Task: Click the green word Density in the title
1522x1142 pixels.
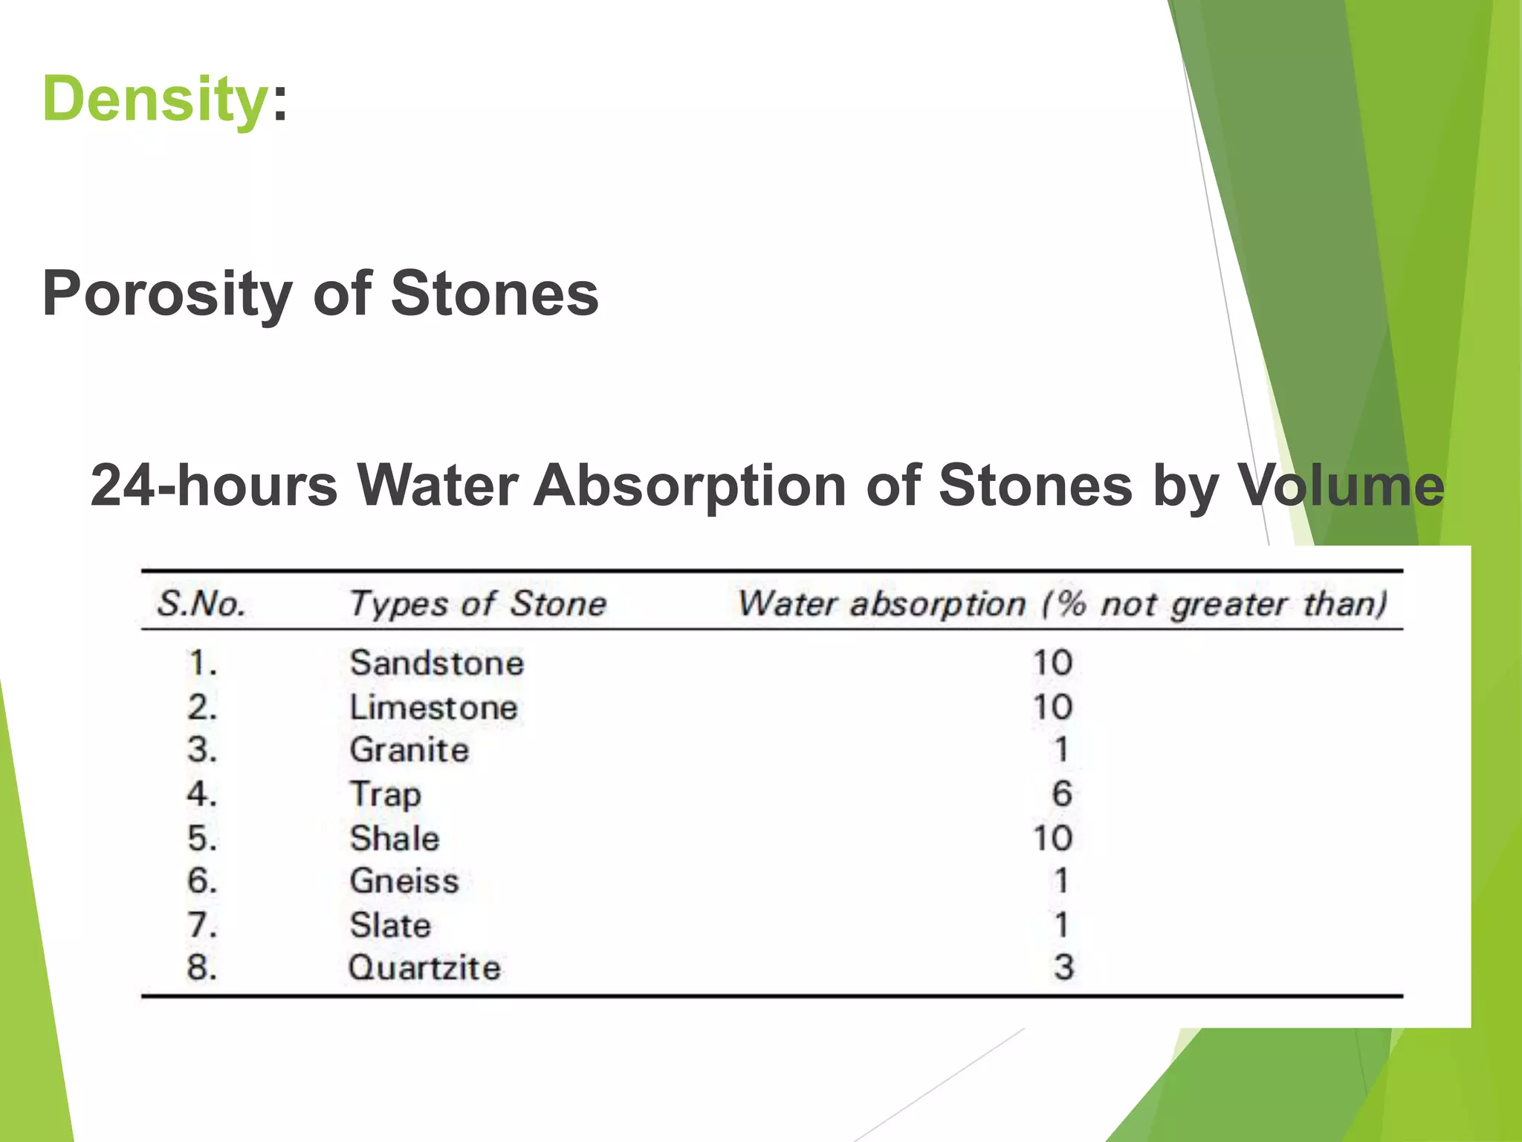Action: pyautogui.click(x=155, y=100)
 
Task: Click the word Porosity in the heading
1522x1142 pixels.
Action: pyautogui.click(x=167, y=294)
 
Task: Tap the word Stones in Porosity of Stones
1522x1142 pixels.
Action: pyautogui.click(x=494, y=293)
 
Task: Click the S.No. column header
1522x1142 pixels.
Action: pyautogui.click(x=201, y=604)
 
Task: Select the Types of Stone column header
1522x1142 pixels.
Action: pyautogui.click(x=478, y=604)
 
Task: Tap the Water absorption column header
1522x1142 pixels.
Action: pyautogui.click(x=1062, y=604)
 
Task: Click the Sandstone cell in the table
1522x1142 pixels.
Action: pyautogui.click(x=437, y=662)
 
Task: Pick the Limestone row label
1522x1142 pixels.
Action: pyautogui.click(x=434, y=707)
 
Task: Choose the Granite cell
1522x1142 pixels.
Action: pyautogui.click(x=409, y=749)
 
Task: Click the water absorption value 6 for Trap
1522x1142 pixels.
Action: pyautogui.click(x=1062, y=794)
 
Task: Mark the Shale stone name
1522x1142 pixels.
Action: pyautogui.click(x=395, y=839)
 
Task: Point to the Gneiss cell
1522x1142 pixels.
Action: pyautogui.click(x=404, y=881)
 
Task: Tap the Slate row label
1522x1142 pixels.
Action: pyautogui.click(x=390, y=926)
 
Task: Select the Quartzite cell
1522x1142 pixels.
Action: pyautogui.click(x=424, y=968)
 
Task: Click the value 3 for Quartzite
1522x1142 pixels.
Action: pyautogui.click(x=1063, y=968)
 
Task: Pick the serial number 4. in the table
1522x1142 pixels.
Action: pyautogui.click(x=202, y=794)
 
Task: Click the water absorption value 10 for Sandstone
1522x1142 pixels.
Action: pyautogui.click(x=1052, y=662)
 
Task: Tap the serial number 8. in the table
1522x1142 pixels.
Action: pyautogui.click(x=202, y=968)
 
